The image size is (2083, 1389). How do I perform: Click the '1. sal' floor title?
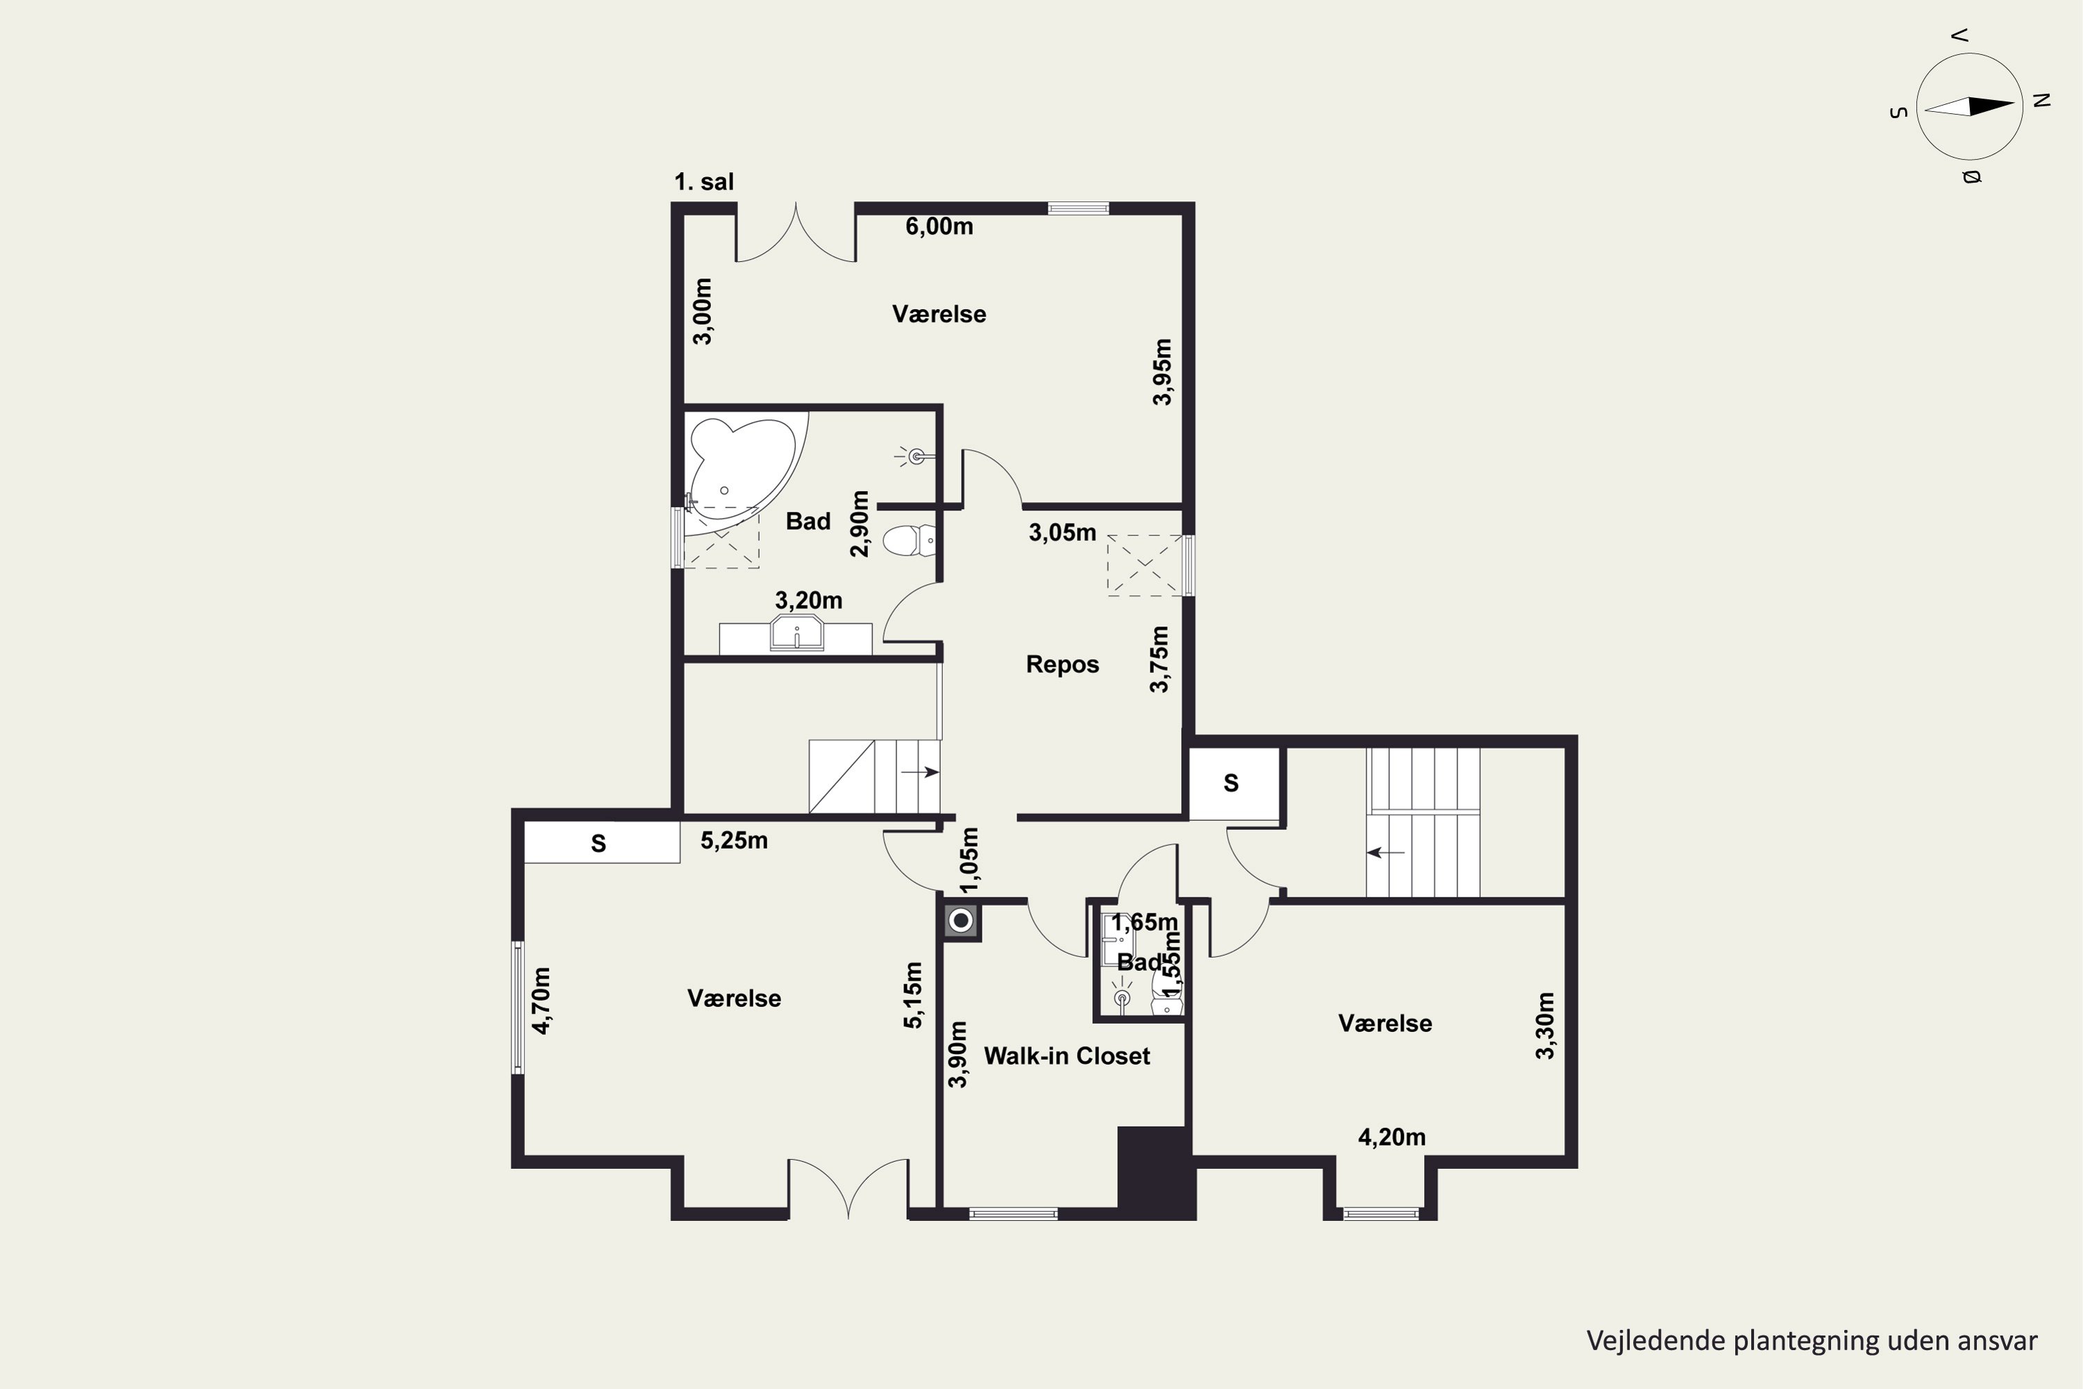(704, 183)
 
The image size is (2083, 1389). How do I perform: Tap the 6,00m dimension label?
(939, 227)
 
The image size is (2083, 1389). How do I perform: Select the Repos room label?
(1062, 665)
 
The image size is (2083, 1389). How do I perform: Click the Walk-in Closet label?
(1066, 1056)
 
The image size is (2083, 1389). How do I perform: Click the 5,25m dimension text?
(734, 840)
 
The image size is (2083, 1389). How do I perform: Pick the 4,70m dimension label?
(541, 1000)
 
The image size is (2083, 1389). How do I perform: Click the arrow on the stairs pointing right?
(920, 772)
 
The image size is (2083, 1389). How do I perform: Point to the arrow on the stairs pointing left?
(1385, 853)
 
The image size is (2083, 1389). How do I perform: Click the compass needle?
(1970, 106)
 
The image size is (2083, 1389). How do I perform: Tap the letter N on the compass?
(2042, 100)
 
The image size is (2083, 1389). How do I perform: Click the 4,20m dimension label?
(1391, 1138)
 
